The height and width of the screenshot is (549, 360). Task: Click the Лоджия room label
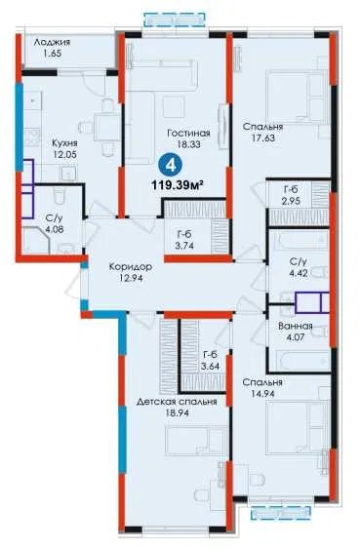click(x=52, y=42)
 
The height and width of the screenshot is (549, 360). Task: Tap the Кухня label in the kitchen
click(x=64, y=143)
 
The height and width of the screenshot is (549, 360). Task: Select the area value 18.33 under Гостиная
click(x=188, y=144)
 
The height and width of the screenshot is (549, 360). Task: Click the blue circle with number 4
click(x=172, y=165)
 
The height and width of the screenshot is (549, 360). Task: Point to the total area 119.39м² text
click(x=178, y=184)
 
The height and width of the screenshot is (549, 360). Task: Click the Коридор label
click(x=131, y=267)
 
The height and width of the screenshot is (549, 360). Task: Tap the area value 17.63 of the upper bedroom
click(x=262, y=137)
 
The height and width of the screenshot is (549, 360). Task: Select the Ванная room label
click(x=296, y=327)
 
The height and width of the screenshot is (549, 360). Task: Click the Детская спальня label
click(x=177, y=402)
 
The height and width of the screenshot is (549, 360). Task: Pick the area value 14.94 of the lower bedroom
click(x=262, y=394)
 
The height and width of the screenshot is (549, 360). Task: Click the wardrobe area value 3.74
click(x=184, y=246)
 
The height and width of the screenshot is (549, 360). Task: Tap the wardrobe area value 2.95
click(x=291, y=202)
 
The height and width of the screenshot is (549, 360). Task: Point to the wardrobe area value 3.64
click(x=211, y=367)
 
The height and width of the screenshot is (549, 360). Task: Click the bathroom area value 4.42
click(x=299, y=273)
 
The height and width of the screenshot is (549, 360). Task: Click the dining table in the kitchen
click(x=104, y=128)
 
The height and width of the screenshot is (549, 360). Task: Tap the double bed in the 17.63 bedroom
click(x=297, y=97)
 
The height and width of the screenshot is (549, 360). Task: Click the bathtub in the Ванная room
click(x=300, y=360)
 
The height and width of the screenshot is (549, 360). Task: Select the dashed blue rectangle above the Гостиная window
click(x=175, y=20)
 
